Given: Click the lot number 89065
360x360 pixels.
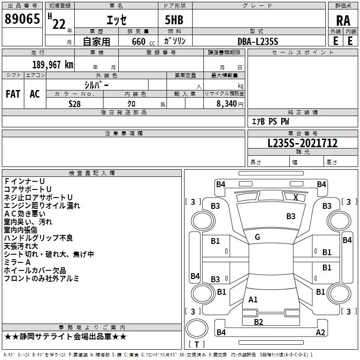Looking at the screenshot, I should tap(22, 19).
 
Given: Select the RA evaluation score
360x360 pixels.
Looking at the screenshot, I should tap(343, 21).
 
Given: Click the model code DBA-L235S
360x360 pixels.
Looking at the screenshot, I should tap(258, 41).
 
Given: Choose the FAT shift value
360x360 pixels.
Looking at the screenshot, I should tap(13, 94).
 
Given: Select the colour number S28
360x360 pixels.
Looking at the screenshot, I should tap(74, 103).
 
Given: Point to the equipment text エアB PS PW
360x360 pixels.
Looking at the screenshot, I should tap(270, 121).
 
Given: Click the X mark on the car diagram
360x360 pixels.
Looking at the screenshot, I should tap(296, 197).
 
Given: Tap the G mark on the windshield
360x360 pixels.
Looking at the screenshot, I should tap(257, 237).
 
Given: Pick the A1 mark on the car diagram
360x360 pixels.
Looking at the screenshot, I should tap(253, 300).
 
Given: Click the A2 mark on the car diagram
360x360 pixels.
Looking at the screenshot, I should tap(320, 333).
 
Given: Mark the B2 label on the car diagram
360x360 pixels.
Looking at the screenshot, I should tap(258, 322).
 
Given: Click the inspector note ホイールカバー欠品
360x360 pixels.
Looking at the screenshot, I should tap(35, 270).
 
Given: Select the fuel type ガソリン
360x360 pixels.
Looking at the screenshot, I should tap(175, 41).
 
